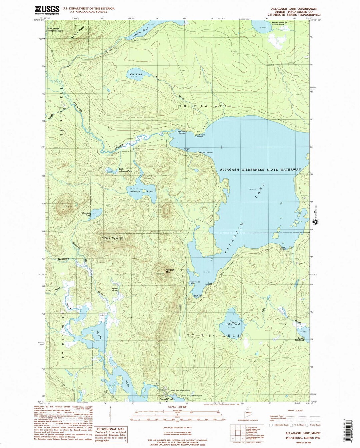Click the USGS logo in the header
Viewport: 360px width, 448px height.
tap(47, 10)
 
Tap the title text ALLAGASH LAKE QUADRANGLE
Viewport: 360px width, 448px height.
tap(293, 9)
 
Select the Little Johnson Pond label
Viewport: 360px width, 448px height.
tap(126, 170)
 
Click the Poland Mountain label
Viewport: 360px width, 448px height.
tap(112, 238)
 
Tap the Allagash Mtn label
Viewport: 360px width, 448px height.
tap(170, 271)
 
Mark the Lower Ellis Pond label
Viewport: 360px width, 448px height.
tap(299, 339)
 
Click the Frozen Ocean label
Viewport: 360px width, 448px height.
tap(115, 289)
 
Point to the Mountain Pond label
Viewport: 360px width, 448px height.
tap(86, 214)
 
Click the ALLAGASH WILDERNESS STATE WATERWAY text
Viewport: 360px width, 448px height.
tap(260, 170)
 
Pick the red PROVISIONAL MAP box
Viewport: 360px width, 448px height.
tap(111, 435)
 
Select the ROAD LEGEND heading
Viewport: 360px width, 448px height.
tap(295, 411)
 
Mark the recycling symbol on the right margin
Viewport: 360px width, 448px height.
tap(314, 222)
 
